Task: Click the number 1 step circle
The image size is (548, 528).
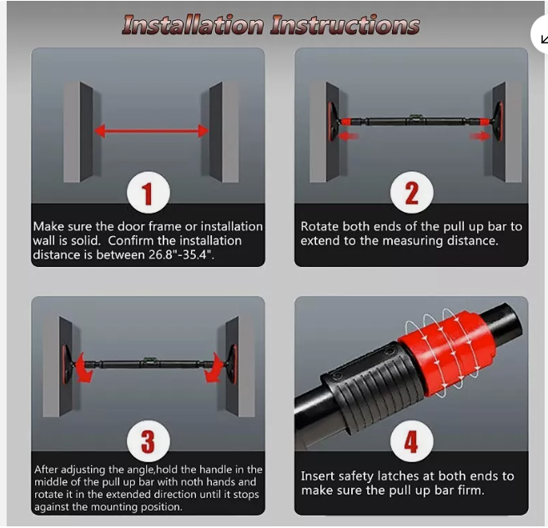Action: (x=148, y=193)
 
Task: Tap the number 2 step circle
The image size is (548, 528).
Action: (x=412, y=193)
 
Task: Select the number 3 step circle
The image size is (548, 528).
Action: (x=148, y=441)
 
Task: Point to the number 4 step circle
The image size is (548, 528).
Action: (x=412, y=441)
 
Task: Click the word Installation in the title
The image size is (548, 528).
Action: (x=193, y=25)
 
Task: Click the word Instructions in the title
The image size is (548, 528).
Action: (x=345, y=25)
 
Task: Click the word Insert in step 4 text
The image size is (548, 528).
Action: (x=318, y=476)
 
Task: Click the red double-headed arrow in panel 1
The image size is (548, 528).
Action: (x=151, y=132)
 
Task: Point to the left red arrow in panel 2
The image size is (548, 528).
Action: (x=349, y=136)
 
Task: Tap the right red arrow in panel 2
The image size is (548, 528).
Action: (x=480, y=136)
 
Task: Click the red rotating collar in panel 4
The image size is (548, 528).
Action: (x=447, y=352)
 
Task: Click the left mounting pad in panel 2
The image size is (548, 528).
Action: (x=333, y=121)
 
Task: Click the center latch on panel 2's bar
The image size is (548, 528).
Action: (x=415, y=118)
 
